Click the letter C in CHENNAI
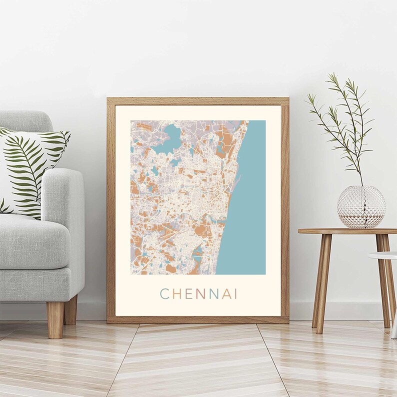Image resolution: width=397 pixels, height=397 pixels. click(164, 294)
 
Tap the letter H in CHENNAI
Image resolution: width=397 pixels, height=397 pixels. click(176, 294)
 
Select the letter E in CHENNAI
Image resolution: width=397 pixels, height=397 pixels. click(188, 294)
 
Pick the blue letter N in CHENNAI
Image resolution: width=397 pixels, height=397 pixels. click(213, 294)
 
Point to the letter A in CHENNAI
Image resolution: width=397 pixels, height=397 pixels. click(225, 294)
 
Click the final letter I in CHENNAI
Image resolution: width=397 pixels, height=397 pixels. click(235, 294)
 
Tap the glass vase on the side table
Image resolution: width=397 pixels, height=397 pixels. click(361, 206)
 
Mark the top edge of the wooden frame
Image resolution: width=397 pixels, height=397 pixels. click(197, 100)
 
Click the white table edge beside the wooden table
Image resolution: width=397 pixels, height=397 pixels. click(382, 255)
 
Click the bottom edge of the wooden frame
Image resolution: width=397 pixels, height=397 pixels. click(197, 319)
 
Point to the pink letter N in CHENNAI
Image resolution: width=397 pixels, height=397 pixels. click(201, 294)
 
